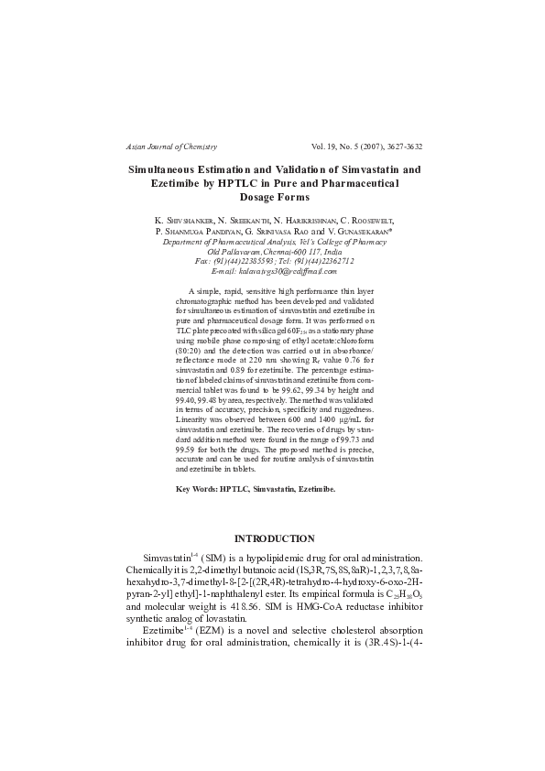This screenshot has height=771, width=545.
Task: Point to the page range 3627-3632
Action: coord(398,147)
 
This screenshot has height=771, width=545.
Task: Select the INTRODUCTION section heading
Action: coord(275,538)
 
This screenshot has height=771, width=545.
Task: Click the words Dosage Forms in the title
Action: coord(274,197)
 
